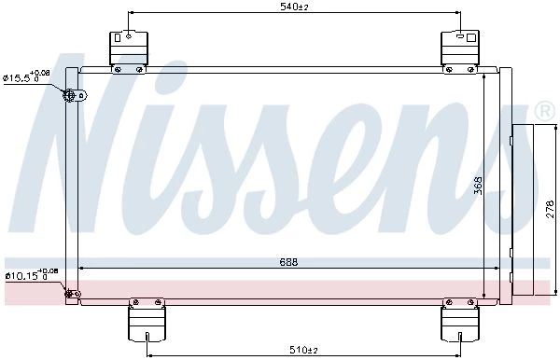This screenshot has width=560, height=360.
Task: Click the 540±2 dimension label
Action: click(x=294, y=7)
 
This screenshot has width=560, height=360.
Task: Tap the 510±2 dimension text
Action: click(x=303, y=350)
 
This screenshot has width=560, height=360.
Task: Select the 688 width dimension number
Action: click(x=288, y=262)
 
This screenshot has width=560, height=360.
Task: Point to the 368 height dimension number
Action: click(x=478, y=186)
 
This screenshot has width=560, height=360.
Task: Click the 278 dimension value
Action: click(x=551, y=209)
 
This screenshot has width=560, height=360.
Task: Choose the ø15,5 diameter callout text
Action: click(x=26, y=76)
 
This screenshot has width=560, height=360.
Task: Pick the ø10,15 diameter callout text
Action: click(x=32, y=274)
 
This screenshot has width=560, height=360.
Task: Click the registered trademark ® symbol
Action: click(x=544, y=111)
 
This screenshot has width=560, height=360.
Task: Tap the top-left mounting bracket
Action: click(x=128, y=52)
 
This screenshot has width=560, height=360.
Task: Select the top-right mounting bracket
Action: click(x=460, y=52)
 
